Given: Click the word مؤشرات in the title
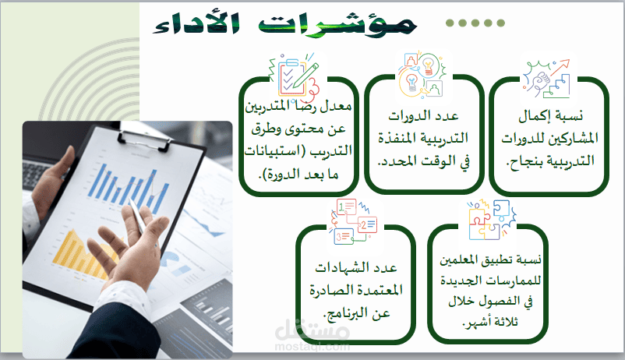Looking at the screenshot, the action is pyautogui.click(x=337, y=24).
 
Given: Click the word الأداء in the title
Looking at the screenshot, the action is pyautogui.click(x=196, y=24).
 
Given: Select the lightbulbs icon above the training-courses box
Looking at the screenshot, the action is pyautogui.click(x=422, y=75).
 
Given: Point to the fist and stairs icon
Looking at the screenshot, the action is pyautogui.click(x=547, y=79).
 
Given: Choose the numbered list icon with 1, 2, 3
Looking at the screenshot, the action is pyautogui.click(x=353, y=221).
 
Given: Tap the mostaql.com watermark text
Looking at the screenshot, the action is pyautogui.click(x=312, y=346).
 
